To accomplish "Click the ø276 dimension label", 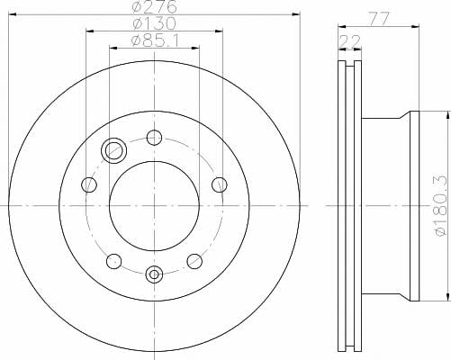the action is coord(154,6).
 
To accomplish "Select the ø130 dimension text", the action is coord(154,23).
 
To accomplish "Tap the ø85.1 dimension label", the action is coord(155,40).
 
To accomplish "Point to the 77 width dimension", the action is coord(379,19).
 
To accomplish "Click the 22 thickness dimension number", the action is coord(349,41).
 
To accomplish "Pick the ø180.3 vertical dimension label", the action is coord(442,206).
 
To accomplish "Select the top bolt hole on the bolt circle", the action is coord(154,138).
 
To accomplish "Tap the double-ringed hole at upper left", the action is coord(113,150).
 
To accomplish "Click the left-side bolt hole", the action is coord(89,184).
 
